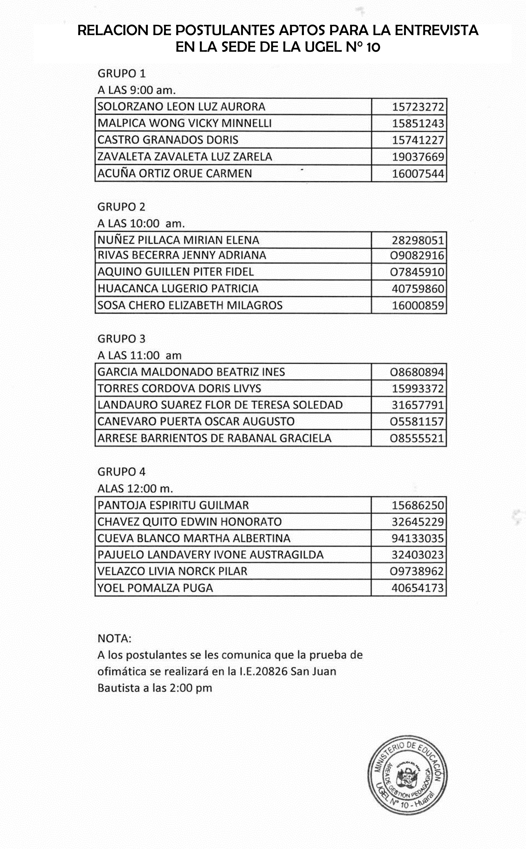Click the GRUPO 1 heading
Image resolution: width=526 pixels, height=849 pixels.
pos(121,73)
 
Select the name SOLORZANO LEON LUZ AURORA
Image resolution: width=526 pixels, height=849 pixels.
pos(181,107)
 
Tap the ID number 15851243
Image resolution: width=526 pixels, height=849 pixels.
pos(418,124)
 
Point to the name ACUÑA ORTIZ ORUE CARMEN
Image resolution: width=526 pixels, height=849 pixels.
pos(175,173)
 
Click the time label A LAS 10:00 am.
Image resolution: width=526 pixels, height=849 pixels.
pos(141,223)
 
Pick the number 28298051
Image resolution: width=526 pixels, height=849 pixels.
pos(418,240)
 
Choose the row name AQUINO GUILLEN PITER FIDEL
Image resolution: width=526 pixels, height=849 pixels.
pos(176,272)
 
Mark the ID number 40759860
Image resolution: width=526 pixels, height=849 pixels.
pos(418,289)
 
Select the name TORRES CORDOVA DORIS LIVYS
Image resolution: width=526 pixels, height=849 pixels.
pos(179,388)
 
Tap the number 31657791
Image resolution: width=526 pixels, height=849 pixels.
pos(418,405)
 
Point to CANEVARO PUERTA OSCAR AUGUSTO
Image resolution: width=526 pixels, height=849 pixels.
pos(196,421)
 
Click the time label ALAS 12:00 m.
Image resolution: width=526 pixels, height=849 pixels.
pos(135,489)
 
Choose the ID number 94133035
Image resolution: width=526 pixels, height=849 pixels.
pos(418,538)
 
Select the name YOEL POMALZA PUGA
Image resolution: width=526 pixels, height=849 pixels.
pos(155,588)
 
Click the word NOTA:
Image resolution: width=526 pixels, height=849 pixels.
pos(114,639)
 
